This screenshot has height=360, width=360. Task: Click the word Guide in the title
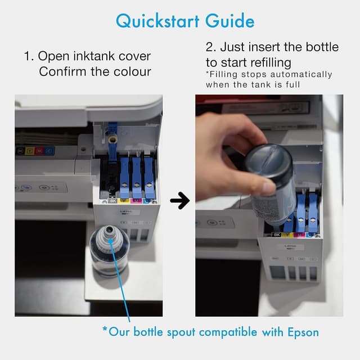(x=227, y=21)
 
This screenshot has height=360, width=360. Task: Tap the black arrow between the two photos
(x=179, y=200)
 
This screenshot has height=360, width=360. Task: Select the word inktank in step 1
(x=91, y=57)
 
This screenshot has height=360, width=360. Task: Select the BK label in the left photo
(x=112, y=199)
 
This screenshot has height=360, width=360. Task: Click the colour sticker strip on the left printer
(x=35, y=151)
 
